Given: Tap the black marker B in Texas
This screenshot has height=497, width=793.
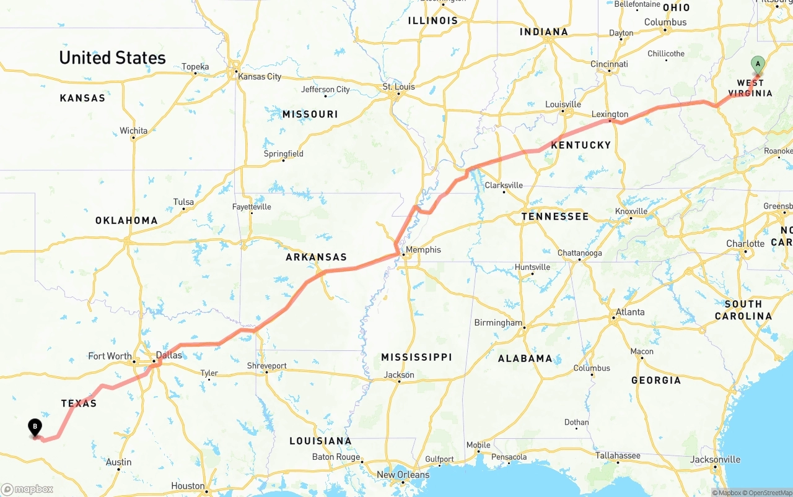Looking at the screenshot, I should (35, 427).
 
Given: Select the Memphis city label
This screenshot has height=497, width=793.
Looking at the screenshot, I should (424, 249).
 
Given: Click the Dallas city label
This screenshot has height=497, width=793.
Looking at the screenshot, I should (169, 355).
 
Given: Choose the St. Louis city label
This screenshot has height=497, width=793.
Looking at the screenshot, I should (398, 87).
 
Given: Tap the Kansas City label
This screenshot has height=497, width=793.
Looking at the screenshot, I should (260, 77).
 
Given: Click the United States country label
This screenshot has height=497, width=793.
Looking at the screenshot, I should (112, 58).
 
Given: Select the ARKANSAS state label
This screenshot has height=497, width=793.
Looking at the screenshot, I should (316, 257).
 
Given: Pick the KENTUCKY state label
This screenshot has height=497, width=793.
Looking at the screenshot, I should (581, 145).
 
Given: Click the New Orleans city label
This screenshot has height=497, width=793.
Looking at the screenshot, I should (403, 475).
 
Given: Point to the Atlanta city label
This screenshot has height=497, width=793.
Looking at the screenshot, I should (630, 312).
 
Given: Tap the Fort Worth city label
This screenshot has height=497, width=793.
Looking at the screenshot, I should (110, 356).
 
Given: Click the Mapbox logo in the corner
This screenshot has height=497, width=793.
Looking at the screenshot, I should (27, 490).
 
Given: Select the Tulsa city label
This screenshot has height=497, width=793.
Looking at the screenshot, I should (183, 202).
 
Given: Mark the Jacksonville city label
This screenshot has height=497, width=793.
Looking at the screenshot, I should (716, 459).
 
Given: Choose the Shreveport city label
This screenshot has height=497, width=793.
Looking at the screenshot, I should (267, 366).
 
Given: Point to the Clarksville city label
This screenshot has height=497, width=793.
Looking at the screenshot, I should (504, 185).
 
